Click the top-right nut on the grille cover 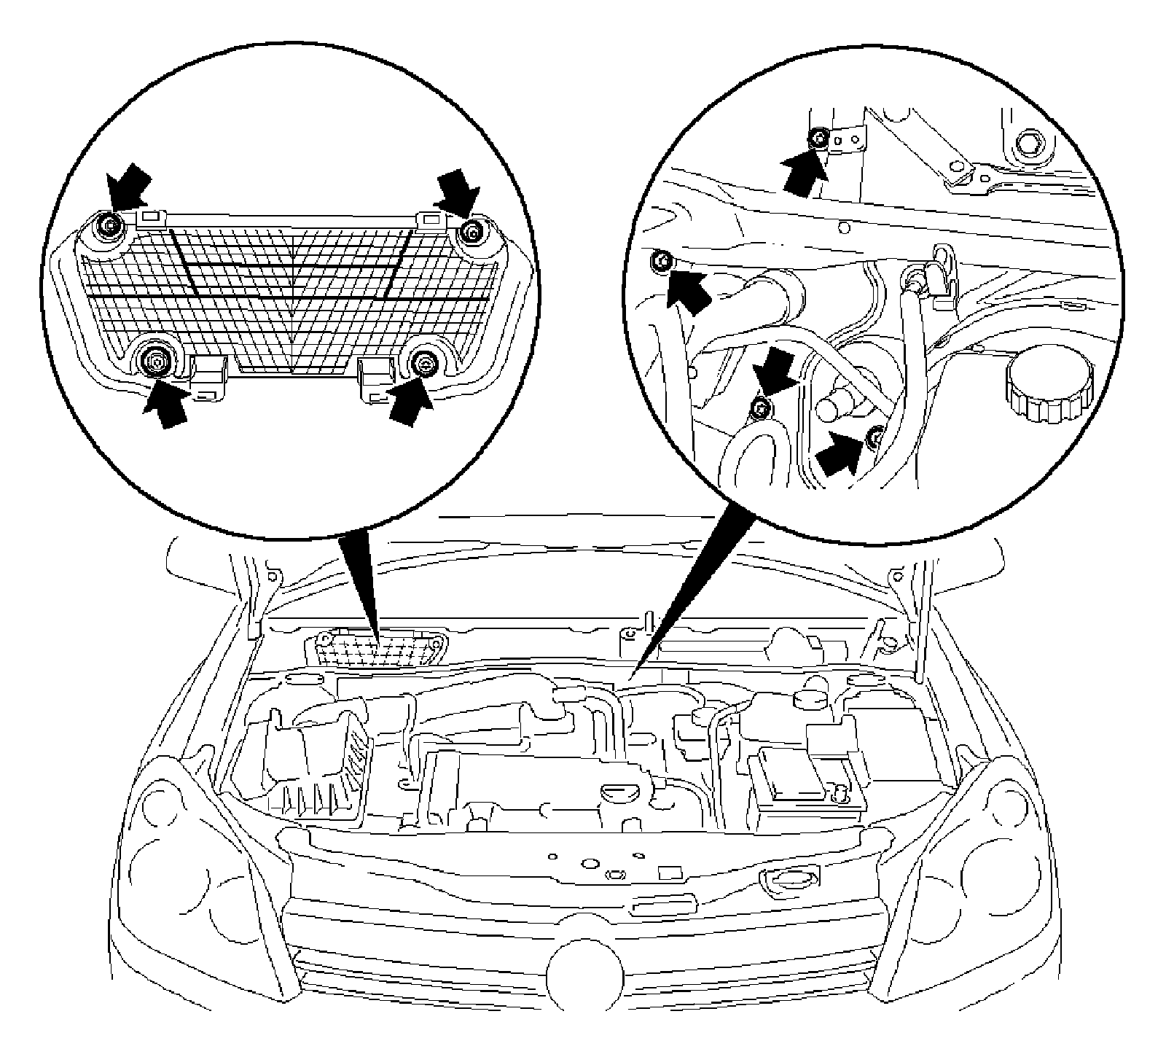pos(474,233)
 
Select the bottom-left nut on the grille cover pos(155,359)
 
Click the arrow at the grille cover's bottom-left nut pos(166,402)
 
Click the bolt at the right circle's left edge pos(661,261)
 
